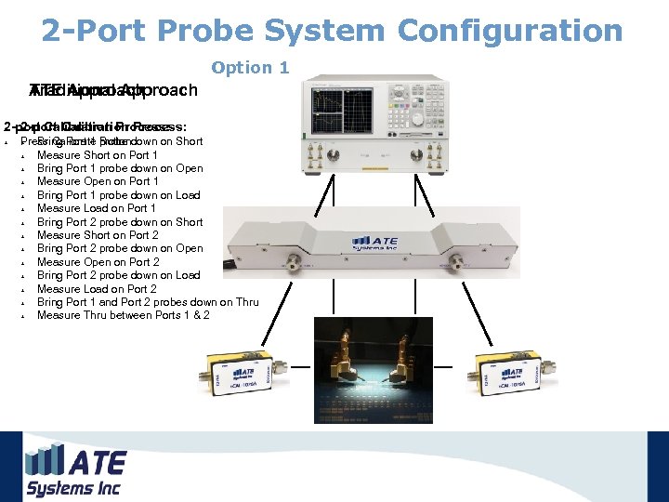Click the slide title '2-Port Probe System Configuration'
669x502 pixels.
(x=332, y=31)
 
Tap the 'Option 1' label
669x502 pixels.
(x=250, y=68)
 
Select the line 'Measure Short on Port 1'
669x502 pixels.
(x=97, y=155)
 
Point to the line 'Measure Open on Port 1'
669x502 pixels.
(x=98, y=181)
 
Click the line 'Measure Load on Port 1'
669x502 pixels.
(x=97, y=208)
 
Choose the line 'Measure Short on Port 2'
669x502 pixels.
(x=98, y=235)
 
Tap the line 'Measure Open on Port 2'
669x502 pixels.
(x=98, y=262)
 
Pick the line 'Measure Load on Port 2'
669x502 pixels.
(x=97, y=289)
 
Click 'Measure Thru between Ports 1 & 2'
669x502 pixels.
(x=123, y=315)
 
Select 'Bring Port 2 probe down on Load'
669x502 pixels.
(x=118, y=275)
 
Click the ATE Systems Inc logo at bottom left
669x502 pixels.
(x=74, y=470)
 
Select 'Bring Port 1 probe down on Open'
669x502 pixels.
(x=120, y=168)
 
